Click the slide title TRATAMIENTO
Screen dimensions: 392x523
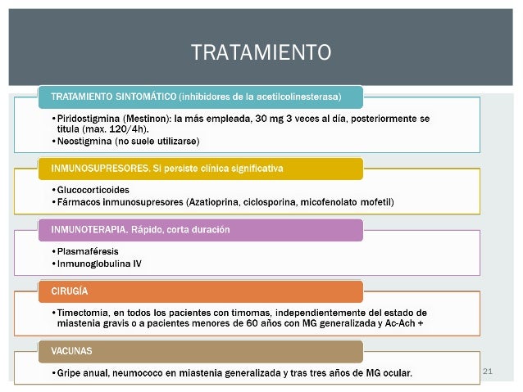261,53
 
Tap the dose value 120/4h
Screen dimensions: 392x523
125,129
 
